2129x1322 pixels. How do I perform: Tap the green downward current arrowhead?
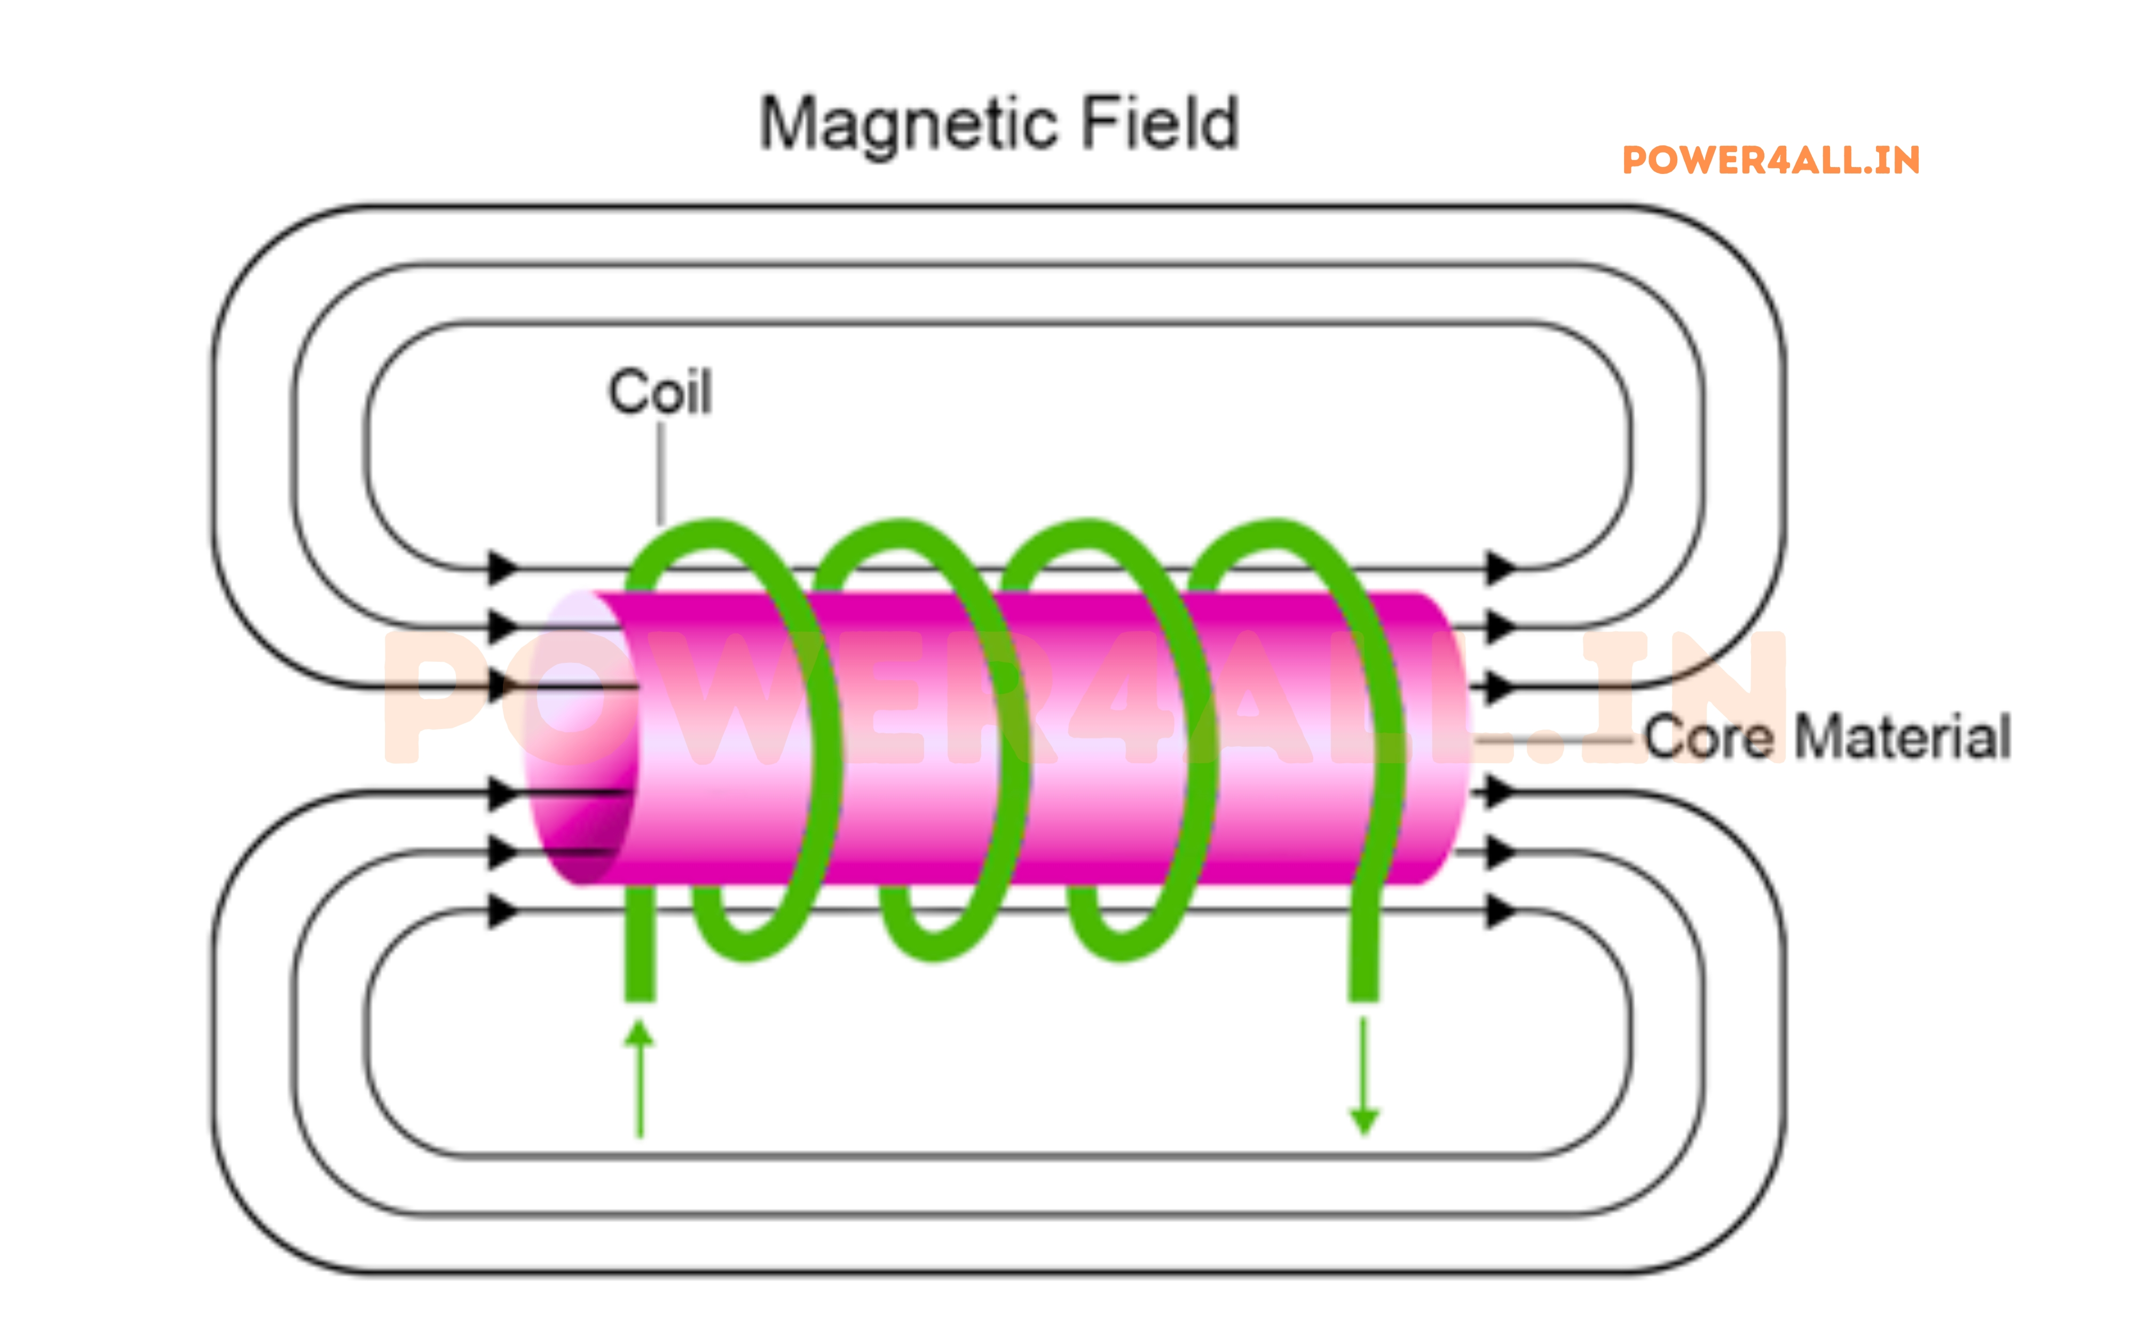tap(1364, 1120)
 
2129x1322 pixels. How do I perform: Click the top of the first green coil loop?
tap(713, 532)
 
